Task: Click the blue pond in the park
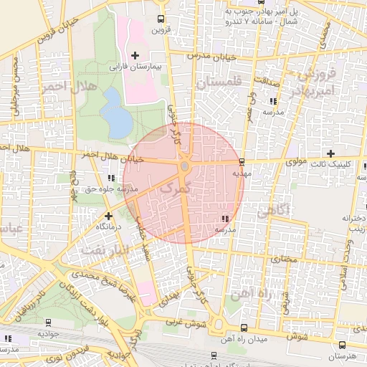(x=118, y=115)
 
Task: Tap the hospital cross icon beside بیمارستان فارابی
(x=135, y=55)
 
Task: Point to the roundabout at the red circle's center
(x=184, y=167)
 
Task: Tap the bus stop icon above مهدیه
(x=241, y=161)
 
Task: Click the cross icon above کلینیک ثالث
(x=330, y=153)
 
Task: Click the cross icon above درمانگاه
(x=108, y=214)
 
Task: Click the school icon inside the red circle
(x=225, y=217)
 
